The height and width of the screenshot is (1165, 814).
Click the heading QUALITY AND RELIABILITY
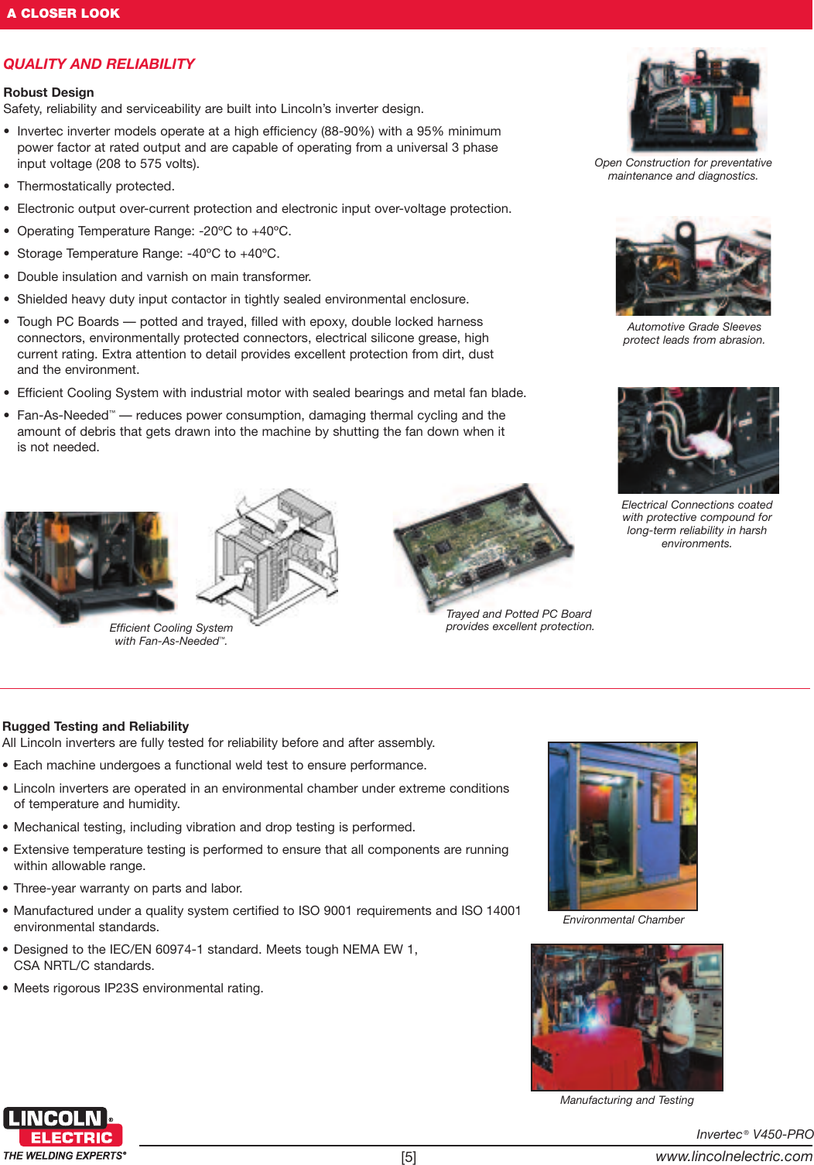pos(99,64)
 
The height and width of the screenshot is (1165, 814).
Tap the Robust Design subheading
pos(49,92)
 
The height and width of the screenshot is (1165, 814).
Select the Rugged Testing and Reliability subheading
pos(96,726)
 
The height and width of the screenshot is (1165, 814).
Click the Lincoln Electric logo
pos(59,1127)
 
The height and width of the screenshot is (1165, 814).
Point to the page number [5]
pos(409,1157)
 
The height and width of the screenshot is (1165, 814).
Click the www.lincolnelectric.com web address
pos(734,1156)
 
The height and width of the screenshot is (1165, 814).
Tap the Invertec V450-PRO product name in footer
pos(754,1134)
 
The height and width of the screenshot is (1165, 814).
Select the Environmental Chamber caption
pos(623,920)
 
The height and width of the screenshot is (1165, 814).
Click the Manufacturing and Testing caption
pos(627,1100)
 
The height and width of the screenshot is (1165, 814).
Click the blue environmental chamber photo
pos(622,825)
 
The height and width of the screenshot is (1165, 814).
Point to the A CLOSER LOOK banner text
pos(63,13)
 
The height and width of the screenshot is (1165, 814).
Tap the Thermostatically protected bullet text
pos(96,186)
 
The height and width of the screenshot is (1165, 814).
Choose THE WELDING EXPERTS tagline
pos(65,1156)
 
